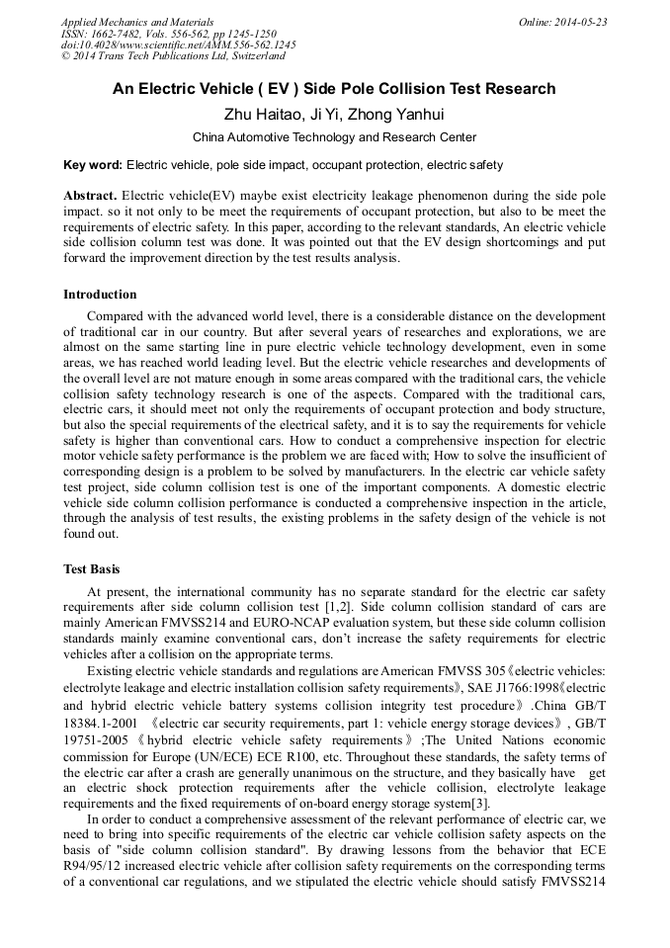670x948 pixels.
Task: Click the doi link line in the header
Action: tap(178, 45)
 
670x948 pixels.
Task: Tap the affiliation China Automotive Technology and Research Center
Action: tap(334, 137)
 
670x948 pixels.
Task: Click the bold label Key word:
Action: tap(93, 165)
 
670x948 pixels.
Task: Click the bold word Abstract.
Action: tap(91, 195)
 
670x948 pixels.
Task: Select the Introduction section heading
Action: tap(100, 295)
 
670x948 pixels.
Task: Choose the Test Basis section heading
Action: tap(92, 569)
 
